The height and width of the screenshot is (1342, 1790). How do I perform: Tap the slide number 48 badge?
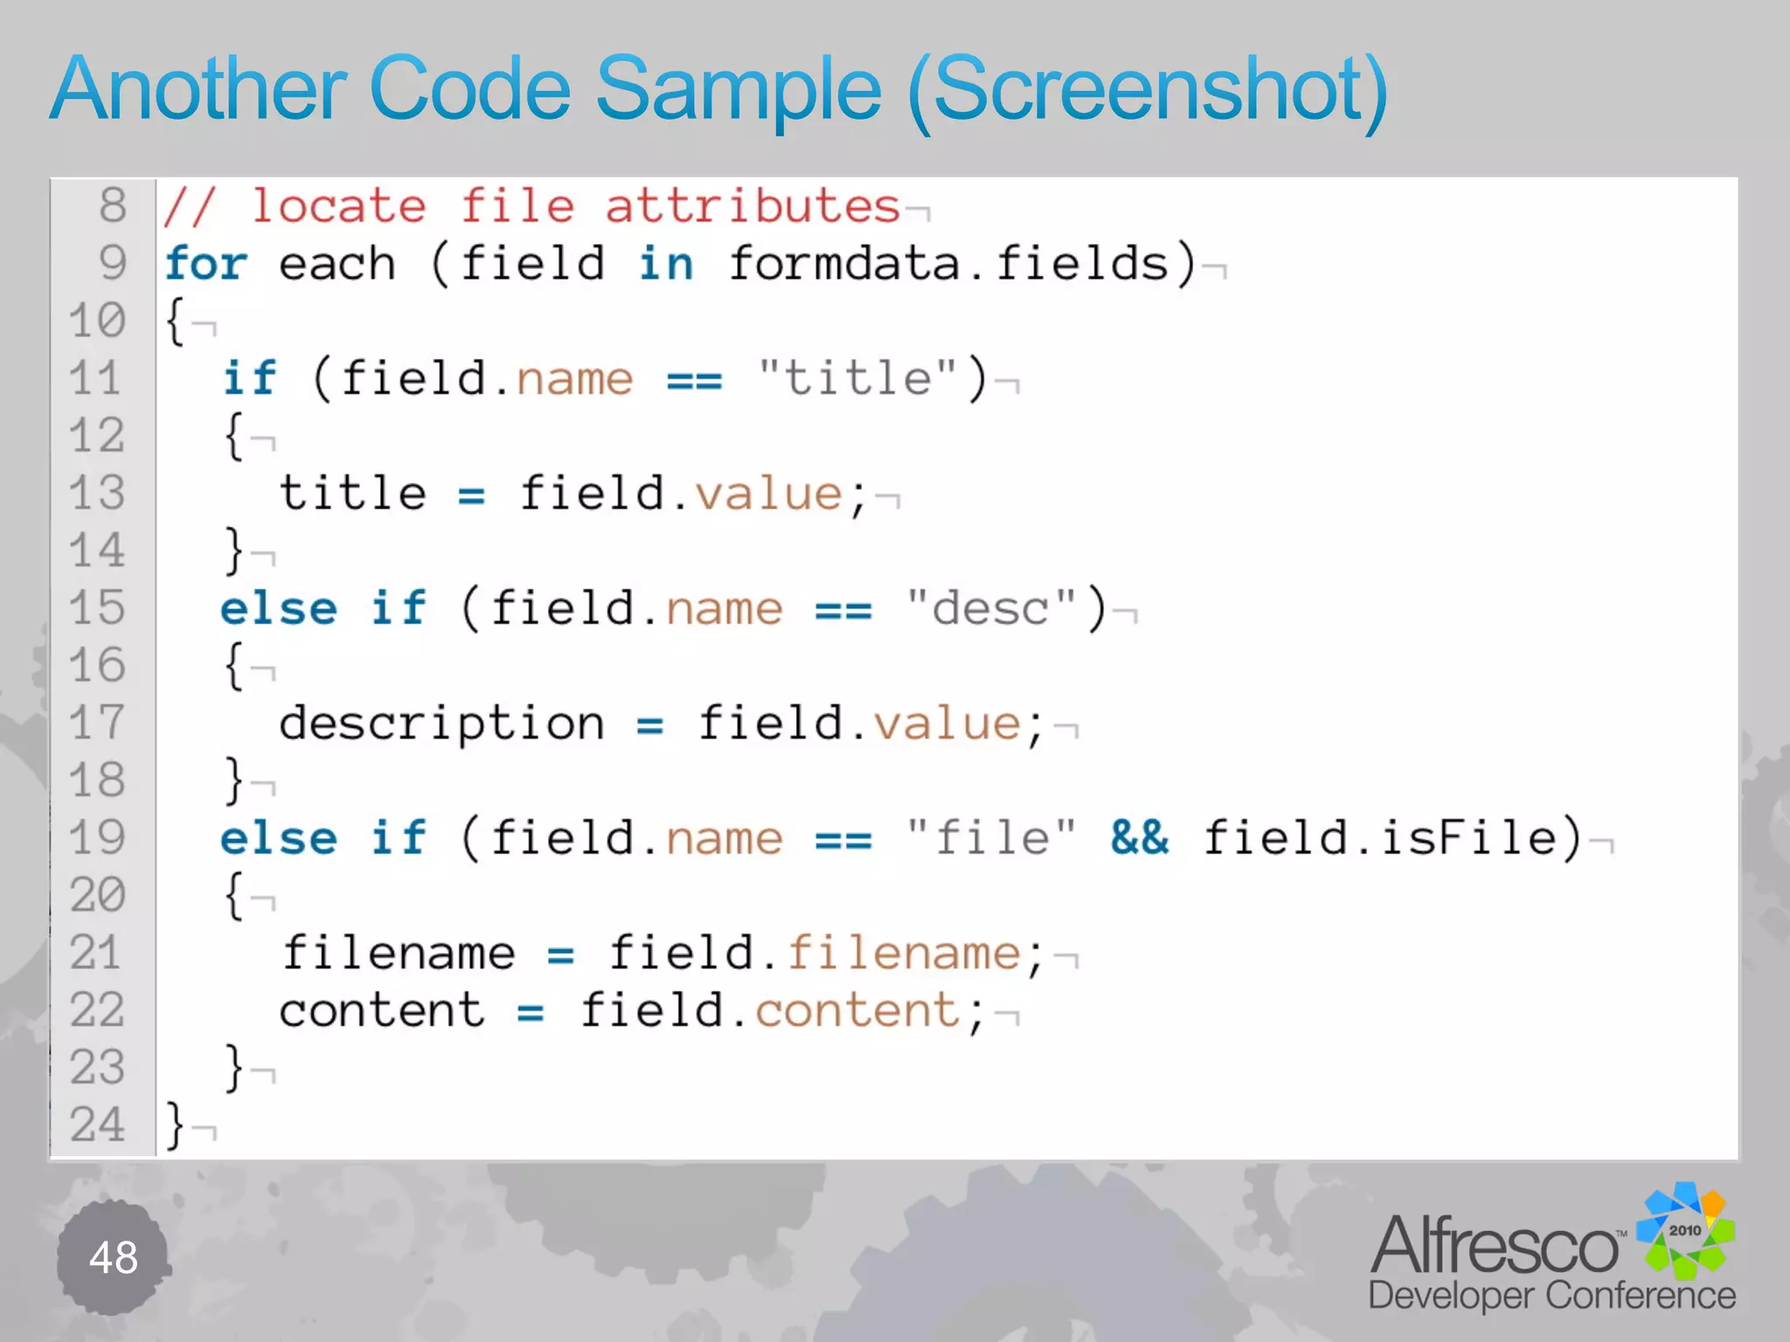click(x=113, y=1258)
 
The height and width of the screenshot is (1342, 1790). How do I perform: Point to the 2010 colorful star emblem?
click(x=1685, y=1230)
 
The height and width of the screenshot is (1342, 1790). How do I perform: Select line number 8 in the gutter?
click(x=113, y=206)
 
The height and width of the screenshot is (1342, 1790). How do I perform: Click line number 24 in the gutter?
click(x=98, y=1125)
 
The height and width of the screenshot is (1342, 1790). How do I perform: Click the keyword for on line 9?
click(x=206, y=264)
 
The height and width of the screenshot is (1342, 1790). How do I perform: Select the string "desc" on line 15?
click(x=991, y=609)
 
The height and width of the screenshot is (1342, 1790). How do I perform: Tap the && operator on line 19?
click(x=1139, y=839)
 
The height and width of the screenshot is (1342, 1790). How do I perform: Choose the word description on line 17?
click(x=441, y=724)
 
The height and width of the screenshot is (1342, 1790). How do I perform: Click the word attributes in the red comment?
click(x=753, y=207)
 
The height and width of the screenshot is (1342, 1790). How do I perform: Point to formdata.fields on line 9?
click(x=949, y=264)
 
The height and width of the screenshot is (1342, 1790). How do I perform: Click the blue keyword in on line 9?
click(x=666, y=264)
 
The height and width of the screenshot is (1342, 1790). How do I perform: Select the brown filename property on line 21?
click(x=904, y=953)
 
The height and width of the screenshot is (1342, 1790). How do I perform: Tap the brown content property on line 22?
click(x=857, y=1011)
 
